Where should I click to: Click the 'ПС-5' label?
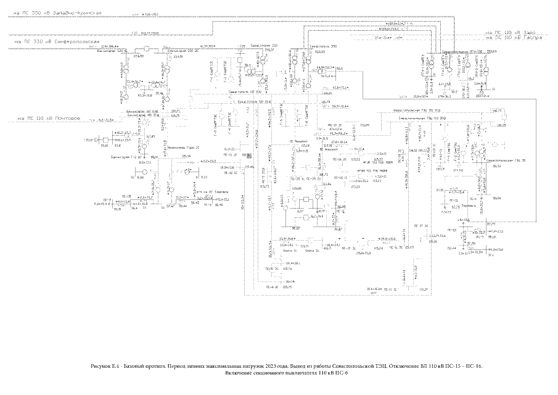click(107, 200)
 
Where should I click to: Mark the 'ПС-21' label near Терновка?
click(453, 201)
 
